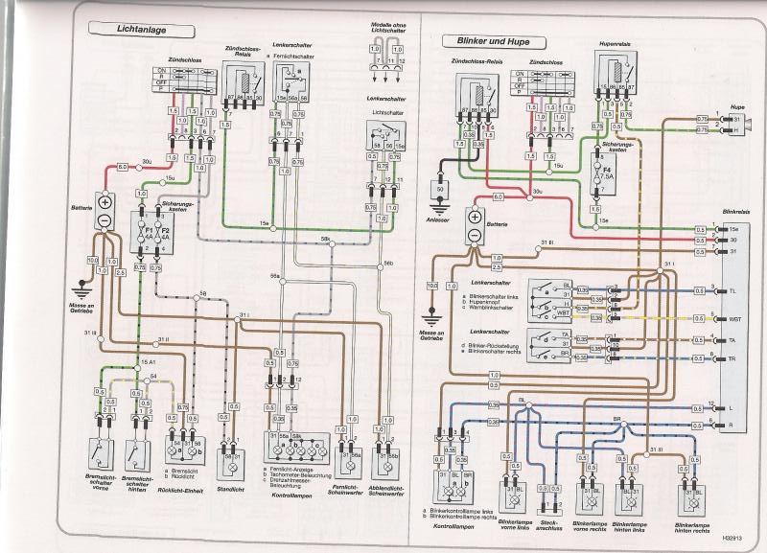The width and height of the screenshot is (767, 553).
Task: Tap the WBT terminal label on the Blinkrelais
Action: pos(735,318)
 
